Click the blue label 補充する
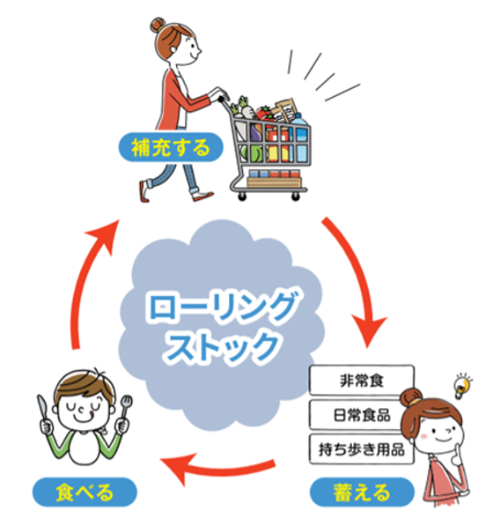point(171,148)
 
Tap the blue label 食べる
point(85,493)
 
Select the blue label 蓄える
point(362,493)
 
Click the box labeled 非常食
point(361,380)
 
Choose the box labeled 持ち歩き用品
point(361,449)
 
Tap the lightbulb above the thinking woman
point(463,384)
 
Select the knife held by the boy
point(42,408)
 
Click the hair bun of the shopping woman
point(158,25)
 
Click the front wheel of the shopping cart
point(296,196)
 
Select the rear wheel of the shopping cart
point(242,196)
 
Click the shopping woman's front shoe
point(202,196)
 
